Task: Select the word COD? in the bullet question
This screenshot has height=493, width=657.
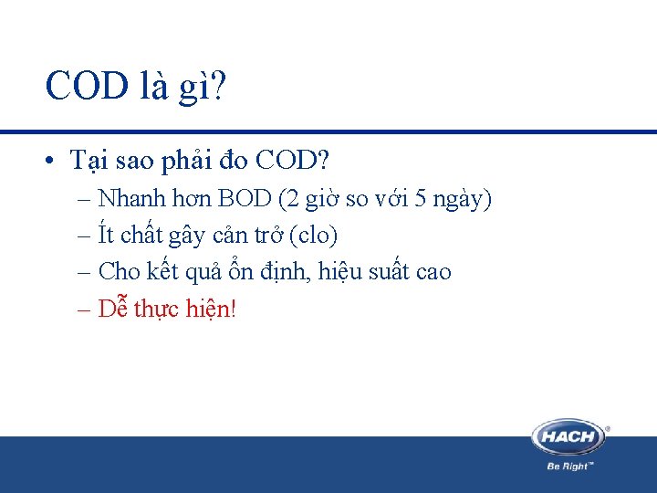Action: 293,161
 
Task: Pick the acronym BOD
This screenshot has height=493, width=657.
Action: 245,198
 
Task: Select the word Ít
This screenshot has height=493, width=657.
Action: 106,235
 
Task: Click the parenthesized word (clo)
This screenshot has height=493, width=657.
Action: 313,236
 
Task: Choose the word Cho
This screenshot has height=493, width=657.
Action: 119,271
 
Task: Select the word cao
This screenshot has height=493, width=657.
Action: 433,272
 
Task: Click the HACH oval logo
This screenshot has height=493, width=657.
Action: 568,436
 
